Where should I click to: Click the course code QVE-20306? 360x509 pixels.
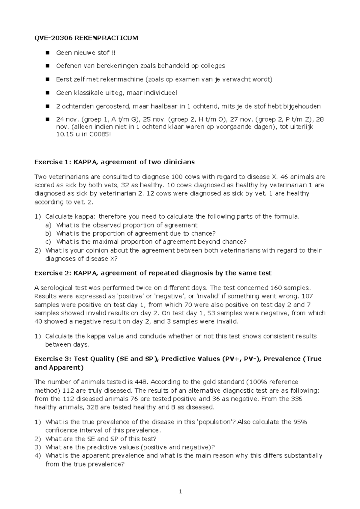coord(53,38)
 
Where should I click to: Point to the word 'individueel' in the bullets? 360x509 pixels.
coord(160,93)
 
